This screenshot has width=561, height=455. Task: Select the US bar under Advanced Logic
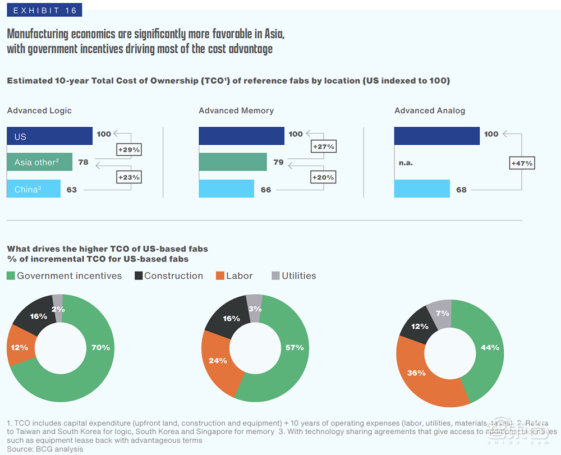tap(49, 136)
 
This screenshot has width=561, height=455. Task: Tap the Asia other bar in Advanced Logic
tap(40, 163)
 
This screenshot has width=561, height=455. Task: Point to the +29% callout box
tap(128, 150)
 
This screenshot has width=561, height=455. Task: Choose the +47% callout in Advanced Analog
tap(522, 163)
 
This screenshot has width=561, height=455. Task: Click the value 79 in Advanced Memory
tap(278, 163)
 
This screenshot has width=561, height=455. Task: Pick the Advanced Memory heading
tap(236, 111)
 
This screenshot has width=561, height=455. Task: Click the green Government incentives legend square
tap(11, 276)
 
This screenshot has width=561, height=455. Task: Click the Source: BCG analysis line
tap(45, 449)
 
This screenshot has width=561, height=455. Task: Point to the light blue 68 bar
tap(422, 189)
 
